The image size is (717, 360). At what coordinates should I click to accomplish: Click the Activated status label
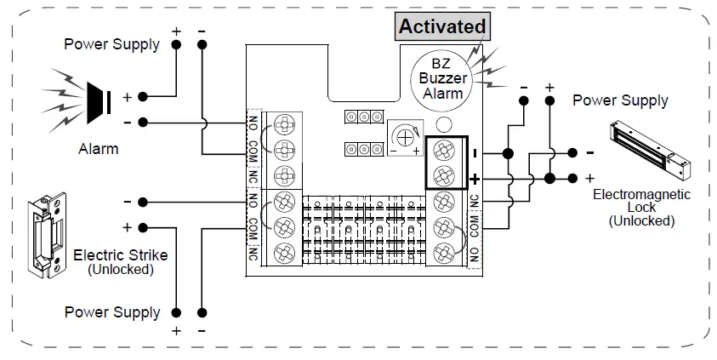pos(442,26)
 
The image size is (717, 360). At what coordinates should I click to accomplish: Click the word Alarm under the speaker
pos(98,149)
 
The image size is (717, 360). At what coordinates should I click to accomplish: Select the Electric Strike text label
pos(120,254)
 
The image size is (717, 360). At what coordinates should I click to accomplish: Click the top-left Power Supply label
pos(111,44)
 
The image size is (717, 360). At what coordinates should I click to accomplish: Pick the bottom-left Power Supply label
pos(111,312)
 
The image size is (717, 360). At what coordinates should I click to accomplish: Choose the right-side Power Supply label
pos(620,100)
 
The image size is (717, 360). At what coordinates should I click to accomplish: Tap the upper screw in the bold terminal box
pos(442,151)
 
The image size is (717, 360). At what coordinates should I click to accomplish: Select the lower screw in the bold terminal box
pos(442,176)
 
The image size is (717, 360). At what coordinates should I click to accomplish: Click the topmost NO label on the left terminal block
pos(253,122)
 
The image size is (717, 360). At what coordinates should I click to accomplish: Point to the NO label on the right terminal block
pos(474,253)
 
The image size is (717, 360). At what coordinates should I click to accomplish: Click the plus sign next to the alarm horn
pos(127,97)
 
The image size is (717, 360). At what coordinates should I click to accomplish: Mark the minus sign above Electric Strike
pos(127,202)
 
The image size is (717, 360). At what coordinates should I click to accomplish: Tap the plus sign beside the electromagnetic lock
pos(589,178)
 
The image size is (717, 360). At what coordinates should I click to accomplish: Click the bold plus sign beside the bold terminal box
pos(474,179)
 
